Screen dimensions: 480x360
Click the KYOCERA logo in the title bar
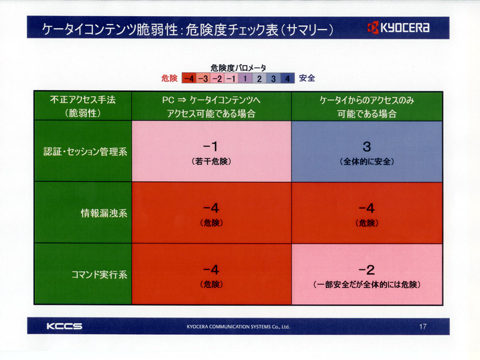click(x=398, y=28)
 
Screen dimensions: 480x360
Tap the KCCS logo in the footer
click(x=64, y=326)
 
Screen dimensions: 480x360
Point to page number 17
click(x=423, y=326)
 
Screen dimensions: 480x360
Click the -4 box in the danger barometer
click(x=188, y=79)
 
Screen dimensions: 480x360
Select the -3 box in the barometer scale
click(x=203, y=79)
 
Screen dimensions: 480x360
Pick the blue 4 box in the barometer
click(x=287, y=79)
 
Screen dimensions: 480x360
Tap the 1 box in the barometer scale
click(x=245, y=79)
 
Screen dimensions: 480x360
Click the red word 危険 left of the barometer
click(x=169, y=79)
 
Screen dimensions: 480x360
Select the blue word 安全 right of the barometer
click(x=307, y=78)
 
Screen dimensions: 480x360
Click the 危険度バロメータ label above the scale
click(x=238, y=68)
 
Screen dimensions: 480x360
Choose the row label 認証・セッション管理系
click(x=85, y=152)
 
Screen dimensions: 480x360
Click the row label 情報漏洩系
click(x=104, y=213)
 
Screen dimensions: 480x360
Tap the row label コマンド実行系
click(x=99, y=274)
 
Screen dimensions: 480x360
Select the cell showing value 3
click(x=367, y=152)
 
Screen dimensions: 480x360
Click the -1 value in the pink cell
click(x=211, y=146)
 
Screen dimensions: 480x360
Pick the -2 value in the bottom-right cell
click(x=367, y=270)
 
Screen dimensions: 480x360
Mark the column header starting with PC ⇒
click(x=211, y=107)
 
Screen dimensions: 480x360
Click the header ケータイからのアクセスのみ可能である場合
click(x=367, y=107)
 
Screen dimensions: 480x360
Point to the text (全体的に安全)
click(x=367, y=161)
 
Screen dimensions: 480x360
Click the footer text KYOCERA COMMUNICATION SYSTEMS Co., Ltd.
click(x=238, y=326)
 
